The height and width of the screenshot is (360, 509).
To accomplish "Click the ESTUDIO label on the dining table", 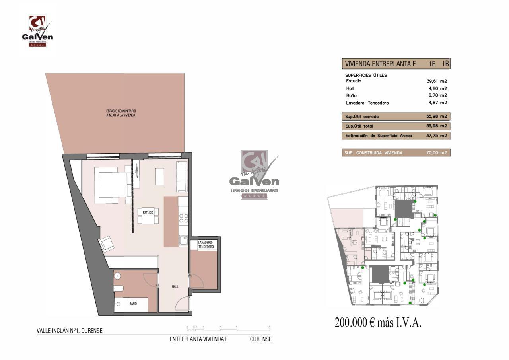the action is (148, 212).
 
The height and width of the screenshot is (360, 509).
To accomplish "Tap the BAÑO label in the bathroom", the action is (133, 304).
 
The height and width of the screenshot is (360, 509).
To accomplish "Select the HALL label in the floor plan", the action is (175, 286).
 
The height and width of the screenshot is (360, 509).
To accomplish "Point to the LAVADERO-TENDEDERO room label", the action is (206, 245).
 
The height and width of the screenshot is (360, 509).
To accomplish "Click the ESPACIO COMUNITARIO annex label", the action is (121, 113).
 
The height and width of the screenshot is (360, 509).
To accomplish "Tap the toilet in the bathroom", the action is (119, 288).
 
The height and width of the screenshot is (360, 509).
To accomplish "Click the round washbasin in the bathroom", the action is (117, 276).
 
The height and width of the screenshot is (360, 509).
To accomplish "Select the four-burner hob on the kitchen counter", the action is (184, 218).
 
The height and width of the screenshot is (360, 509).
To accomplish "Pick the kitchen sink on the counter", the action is (183, 241).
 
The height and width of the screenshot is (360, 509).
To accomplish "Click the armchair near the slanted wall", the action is (107, 244).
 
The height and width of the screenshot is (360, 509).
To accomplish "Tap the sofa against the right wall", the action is (182, 177).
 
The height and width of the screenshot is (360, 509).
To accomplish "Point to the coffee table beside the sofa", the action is (160, 176).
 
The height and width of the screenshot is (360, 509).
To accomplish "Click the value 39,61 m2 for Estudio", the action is (437, 81).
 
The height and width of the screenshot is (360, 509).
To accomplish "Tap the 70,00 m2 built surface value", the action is (437, 152).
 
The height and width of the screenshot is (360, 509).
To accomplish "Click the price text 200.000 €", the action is (354, 323).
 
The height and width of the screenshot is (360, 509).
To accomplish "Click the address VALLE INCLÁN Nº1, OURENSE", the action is (70, 331).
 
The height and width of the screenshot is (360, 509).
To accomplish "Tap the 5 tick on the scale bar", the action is (270, 327).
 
